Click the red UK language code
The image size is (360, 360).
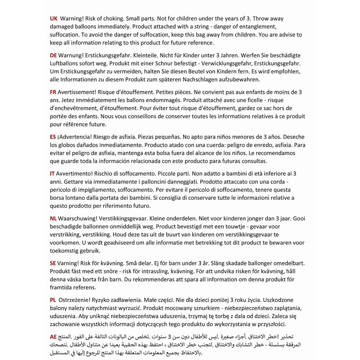(x=53, y=19)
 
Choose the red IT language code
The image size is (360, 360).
(x=52, y=173)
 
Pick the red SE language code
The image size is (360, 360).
(x=53, y=262)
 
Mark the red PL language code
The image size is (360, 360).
(x=53, y=299)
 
